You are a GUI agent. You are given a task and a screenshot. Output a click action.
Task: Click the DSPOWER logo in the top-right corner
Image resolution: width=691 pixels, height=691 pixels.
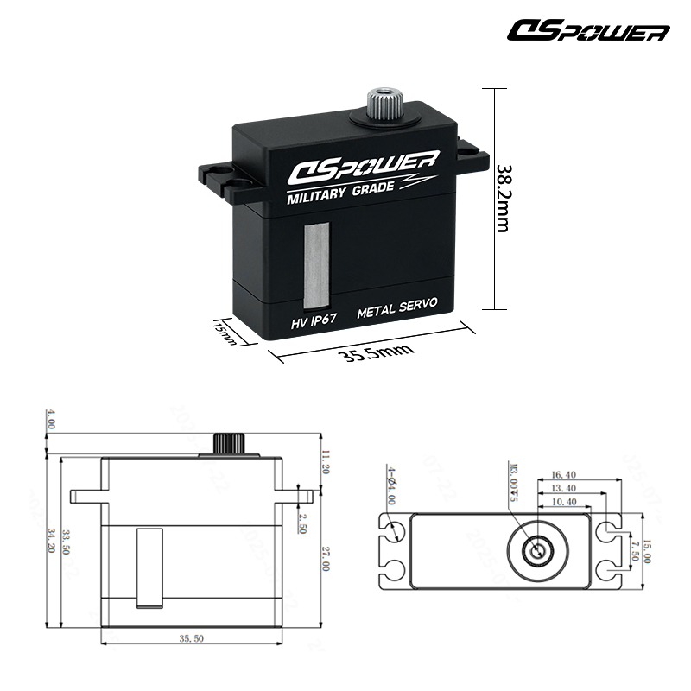(x=588, y=32)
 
